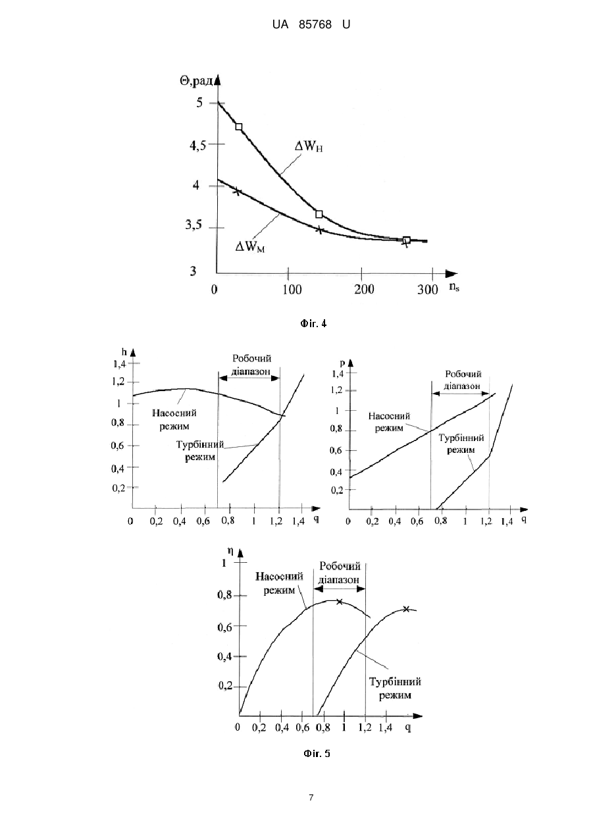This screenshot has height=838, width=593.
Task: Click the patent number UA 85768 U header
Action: click(311, 25)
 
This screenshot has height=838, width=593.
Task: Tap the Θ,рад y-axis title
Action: click(197, 81)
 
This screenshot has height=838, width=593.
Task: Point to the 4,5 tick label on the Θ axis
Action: click(198, 145)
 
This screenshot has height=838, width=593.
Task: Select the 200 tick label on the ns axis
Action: click(364, 289)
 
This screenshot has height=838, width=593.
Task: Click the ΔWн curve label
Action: click(309, 146)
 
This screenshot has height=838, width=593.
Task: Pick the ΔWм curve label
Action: click(250, 247)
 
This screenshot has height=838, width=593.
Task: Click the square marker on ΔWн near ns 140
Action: click(319, 214)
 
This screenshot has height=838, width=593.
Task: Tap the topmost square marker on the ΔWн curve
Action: click(239, 126)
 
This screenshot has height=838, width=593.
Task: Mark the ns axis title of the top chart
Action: click(454, 287)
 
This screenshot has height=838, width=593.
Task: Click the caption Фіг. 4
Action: click(313, 324)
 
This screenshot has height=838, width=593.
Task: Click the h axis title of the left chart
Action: click(124, 352)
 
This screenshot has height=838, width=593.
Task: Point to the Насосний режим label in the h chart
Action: click(174, 419)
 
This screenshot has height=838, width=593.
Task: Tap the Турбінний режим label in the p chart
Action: click(461, 444)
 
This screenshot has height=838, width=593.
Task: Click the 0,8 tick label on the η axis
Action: click(225, 594)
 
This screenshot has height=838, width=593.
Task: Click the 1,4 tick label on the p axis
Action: click(337, 373)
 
